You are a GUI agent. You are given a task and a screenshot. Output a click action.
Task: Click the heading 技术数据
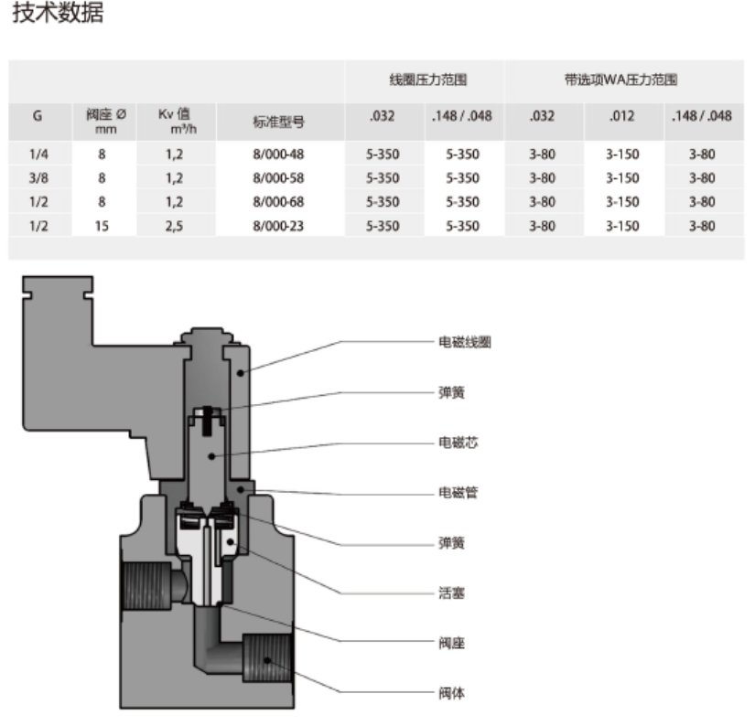(x=58, y=12)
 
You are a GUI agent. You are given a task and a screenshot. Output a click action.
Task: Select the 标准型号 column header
(x=279, y=123)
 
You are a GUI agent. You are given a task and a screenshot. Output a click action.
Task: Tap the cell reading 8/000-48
(x=278, y=154)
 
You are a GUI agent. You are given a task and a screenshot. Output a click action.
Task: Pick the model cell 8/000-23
(x=278, y=226)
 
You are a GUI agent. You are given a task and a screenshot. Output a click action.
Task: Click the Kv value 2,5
(x=174, y=226)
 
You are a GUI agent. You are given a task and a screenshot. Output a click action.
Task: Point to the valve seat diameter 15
(x=102, y=226)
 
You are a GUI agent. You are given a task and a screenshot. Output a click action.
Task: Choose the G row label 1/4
(x=38, y=154)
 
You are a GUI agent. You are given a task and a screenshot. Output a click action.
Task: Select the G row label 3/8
(x=38, y=178)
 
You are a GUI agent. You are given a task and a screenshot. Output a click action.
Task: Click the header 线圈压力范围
(x=428, y=80)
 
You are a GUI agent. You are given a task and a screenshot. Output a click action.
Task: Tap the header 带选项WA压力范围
(x=621, y=80)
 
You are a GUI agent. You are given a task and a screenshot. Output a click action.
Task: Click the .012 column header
(x=622, y=116)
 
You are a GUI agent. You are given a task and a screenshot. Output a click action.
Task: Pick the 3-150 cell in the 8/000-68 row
(x=622, y=201)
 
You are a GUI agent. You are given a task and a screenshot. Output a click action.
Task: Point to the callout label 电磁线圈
(x=465, y=342)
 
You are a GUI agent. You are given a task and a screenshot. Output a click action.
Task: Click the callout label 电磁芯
(x=458, y=443)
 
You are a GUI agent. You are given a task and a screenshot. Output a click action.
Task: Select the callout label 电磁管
(x=458, y=492)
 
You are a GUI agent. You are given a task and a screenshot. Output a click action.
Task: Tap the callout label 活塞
(x=452, y=593)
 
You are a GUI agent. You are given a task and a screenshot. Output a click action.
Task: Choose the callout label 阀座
(x=452, y=643)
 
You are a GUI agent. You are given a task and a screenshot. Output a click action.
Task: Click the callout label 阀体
(x=452, y=693)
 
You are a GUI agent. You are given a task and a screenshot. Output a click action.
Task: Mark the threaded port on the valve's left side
(x=146, y=585)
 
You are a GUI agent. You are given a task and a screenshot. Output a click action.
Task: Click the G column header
(x=38, y=116)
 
